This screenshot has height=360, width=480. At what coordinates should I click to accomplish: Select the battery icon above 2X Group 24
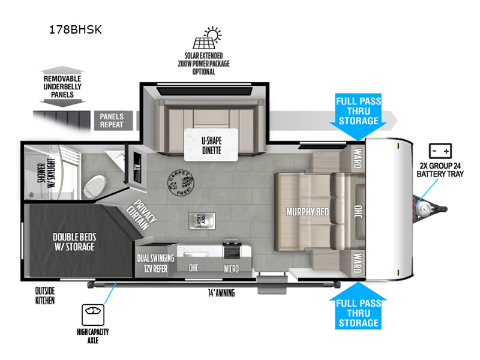pos(442,151)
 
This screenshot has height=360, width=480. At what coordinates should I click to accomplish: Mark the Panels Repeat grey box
pos(112,121)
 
